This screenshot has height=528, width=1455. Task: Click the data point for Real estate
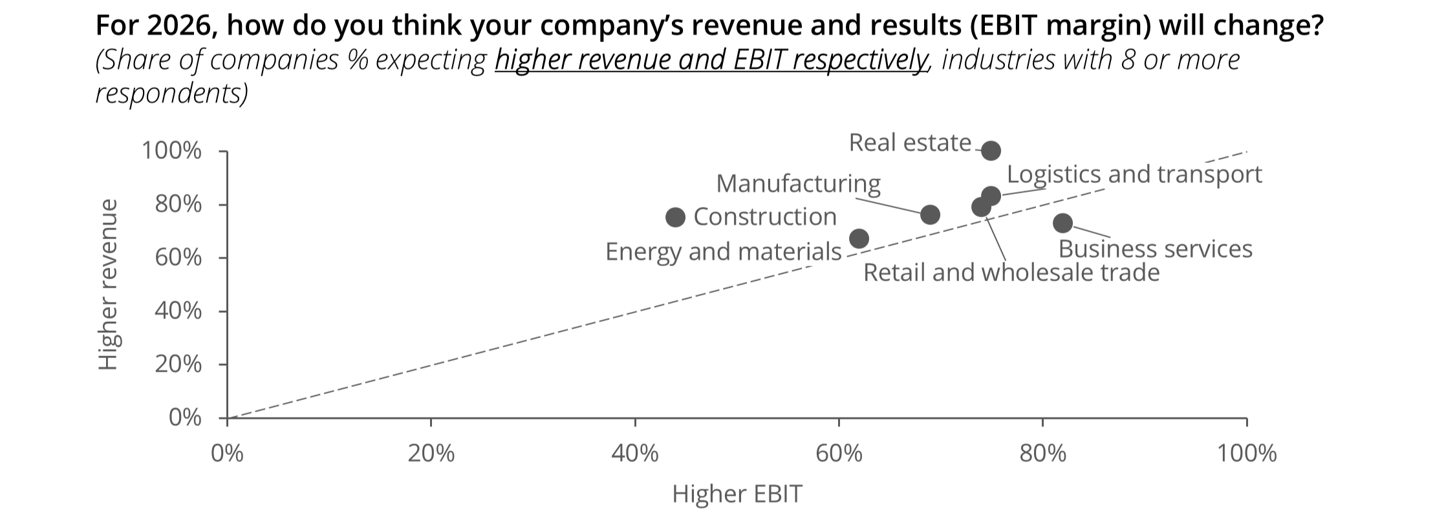click(991, 151)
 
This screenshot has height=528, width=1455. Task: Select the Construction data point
click(675, 217)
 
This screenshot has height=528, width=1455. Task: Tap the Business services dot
click(1062, 223)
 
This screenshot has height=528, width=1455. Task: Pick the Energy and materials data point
click(859, 238)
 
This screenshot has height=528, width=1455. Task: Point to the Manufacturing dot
click(930, 215)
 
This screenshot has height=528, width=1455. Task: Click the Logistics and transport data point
click(991, 195)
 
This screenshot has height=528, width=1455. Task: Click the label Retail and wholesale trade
click(1011, 273)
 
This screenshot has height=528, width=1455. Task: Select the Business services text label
click(1155, 249)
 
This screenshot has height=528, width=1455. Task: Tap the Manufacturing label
click(798, 184)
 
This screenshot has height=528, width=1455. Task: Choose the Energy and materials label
click(723, 251)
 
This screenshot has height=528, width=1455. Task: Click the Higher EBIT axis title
click(737, 494)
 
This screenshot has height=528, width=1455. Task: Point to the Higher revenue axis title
click(109, 284)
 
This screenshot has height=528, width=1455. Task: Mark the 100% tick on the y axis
click(171, 151)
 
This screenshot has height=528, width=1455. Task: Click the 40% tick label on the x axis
click(634, 454)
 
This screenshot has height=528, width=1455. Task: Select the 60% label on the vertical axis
click(178, 258)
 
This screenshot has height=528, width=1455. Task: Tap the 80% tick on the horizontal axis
click(1042, 454)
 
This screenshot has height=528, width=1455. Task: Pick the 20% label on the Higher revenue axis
click(178, 364)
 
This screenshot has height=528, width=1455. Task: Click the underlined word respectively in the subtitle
click(860, 60)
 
